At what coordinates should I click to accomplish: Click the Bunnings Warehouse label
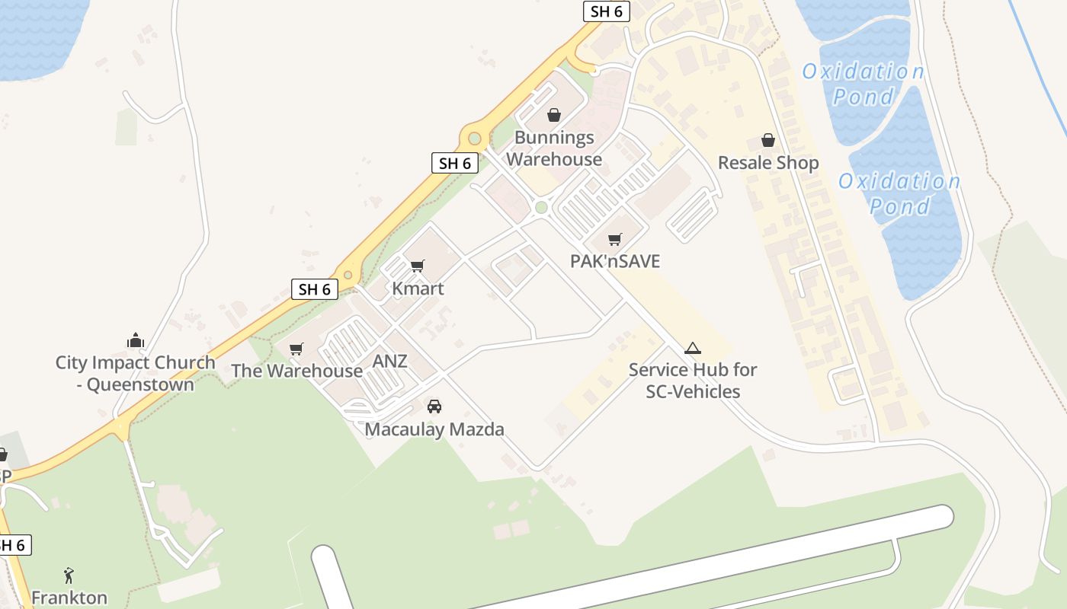coord(554,148)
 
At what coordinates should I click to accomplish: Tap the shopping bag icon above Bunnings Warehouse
coord(554,116)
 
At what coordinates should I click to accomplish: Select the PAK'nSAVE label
coord(615,261)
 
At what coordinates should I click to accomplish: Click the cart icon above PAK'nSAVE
coord(615,240)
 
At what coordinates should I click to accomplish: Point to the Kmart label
coord(418,289)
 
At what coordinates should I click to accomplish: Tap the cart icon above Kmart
coord(417,266)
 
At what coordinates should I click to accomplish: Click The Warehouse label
coord(296,371)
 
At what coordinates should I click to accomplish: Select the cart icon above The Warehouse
coord(296,349)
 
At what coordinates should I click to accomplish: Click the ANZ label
coord(389,362)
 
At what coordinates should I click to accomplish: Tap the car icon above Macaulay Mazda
coord(434,407)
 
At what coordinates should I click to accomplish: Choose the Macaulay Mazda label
coord(434,429)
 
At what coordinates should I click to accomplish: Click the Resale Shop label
coord(768,163)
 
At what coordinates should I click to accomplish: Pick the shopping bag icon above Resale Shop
coord(768,141)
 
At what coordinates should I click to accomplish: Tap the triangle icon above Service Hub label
coord(692,349)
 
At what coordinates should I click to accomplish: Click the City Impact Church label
coord(136,373)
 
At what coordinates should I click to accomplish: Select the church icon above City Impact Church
coord(136,340)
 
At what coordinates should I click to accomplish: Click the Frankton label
coord(69,598)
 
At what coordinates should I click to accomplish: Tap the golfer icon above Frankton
coord(69,575)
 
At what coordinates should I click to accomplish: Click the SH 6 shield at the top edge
coord(607,11)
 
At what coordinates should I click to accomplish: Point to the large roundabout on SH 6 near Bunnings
coord(475,139)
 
